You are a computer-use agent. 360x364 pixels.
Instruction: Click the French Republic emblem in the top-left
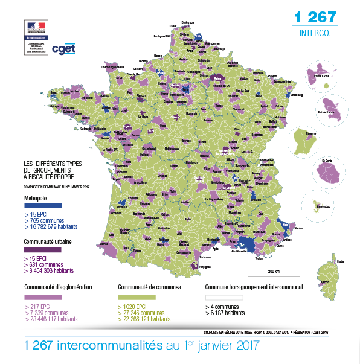[36, 28]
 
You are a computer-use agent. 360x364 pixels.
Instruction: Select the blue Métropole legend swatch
[41, 205]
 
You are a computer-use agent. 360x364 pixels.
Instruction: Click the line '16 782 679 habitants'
[52, 226]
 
